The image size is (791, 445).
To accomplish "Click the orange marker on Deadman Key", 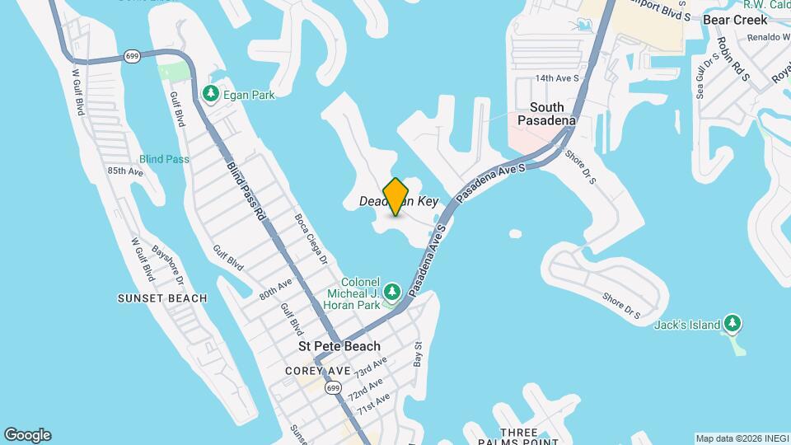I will (x=396, y=197).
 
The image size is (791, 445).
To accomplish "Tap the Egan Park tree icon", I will (x=211, y=95).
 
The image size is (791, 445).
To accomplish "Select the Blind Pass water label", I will (x=164, y=159).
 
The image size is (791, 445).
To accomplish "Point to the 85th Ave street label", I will (x=125, y=171).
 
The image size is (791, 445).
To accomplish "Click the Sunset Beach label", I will (x=162, y=298).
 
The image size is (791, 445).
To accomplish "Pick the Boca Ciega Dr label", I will (x=311, y=240).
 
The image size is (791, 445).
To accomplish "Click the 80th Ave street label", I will (x=275, y=289).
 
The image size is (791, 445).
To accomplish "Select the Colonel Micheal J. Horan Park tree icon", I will (x=393, y=291).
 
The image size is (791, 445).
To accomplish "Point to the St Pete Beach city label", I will (x=339, y=346).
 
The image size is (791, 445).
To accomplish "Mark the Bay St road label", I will (x=419, y=355).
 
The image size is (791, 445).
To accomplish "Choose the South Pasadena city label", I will (x=547, y=114).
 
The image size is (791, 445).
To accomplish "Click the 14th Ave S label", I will (x=558, y=78).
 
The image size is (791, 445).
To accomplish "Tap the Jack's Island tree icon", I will (x=732, y=324).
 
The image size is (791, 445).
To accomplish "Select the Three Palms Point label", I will (x=519, y=433).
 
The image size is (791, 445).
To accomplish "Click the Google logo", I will (x=27, y=435).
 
